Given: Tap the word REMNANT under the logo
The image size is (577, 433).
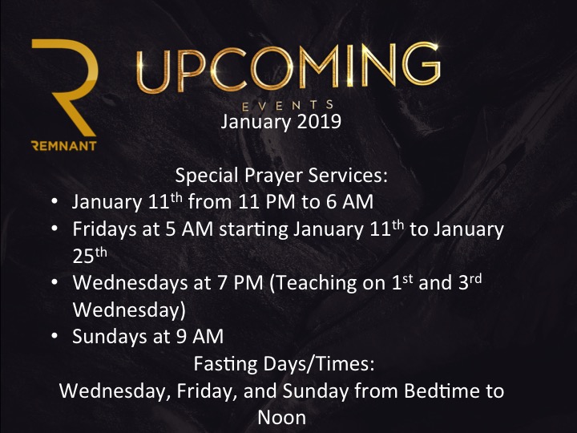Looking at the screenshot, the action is point(64,146).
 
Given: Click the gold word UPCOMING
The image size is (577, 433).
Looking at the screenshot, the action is point(288,67).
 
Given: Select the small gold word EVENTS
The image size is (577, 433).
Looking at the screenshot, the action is point(288,106).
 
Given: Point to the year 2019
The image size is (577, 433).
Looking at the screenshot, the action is point(319,122).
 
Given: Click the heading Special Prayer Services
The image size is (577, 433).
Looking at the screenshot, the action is point(281,176).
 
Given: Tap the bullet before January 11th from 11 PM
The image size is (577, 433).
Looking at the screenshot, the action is point(54,202).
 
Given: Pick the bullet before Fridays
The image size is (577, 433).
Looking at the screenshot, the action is point(54,229).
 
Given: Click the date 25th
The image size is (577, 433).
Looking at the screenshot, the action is point(90,255).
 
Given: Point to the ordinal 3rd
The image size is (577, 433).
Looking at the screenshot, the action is point(470,282).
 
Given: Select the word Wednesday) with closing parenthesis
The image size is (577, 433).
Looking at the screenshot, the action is point(129,310).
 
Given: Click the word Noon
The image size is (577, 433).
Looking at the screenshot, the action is point(282,418).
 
